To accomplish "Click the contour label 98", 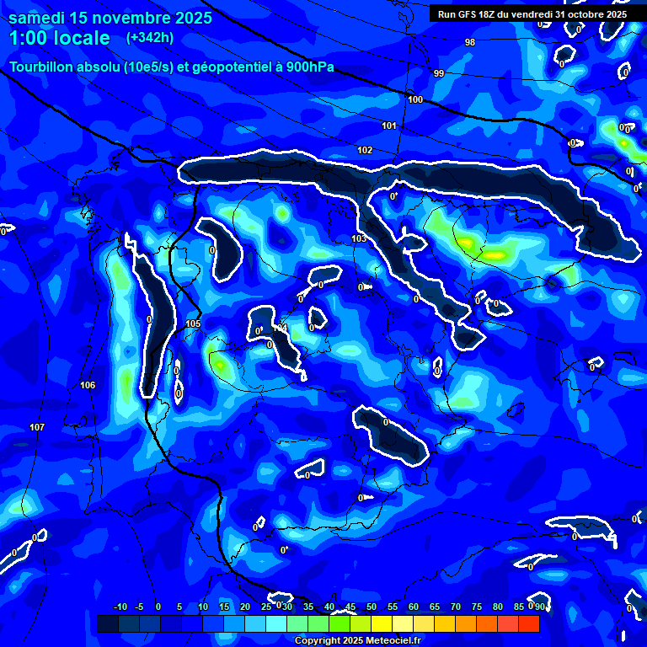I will coord(469,42).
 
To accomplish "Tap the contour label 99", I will coord(438,73).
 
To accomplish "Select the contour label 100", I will coord(415,99).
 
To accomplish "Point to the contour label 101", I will coord(388,126).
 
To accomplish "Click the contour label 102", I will coord(364,150).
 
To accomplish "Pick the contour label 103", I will coord(359,239).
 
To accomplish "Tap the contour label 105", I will coord(193,323).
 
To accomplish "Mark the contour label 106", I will coord(88,385).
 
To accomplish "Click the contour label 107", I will coord(37,427).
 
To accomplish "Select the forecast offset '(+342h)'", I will coord(149,38).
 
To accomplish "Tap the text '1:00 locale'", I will coord(60,38).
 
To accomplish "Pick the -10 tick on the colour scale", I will coord(120,607).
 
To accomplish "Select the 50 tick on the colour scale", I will coord(372,607).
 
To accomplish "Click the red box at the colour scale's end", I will coord(528,623).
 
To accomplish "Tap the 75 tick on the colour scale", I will coord(477,607).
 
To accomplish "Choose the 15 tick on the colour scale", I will coord(224,607).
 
